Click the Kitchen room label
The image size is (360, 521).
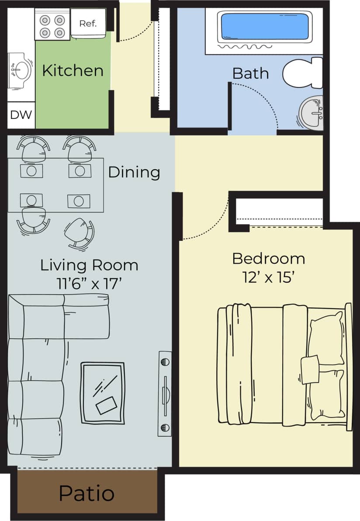[x=73, y=70]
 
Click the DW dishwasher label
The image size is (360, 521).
[x=21, y=115]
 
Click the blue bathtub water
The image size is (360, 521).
[x=265, y=26]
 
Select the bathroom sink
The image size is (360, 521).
[x=312, y=112]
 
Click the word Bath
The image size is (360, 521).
[x=250, y=73]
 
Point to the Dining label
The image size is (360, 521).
[x=134, y=172]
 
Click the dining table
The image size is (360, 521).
[x=55, y=185]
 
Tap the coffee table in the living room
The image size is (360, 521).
[x=103, y=393]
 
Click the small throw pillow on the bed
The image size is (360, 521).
[x=310, y=369]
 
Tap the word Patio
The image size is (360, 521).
[x=87, y=493]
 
